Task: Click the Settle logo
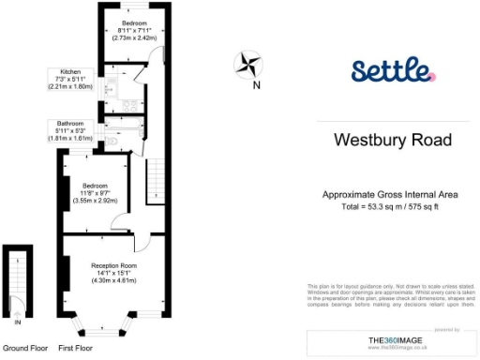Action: (x=393, y=71)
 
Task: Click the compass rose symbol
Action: (x=248, y=64)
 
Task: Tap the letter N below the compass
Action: (x=257, y=84)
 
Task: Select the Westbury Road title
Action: (x=393, y=141)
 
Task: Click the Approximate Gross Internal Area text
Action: (x=390, y=194)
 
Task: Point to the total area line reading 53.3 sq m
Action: (x=390, y=205)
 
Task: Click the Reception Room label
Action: (x=114, y=265)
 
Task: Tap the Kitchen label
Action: (x=71, y=71)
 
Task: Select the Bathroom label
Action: (x=70, y=124)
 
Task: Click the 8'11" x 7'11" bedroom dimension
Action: (x=133, y=30)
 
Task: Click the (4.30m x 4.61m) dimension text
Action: (x=114, y=281)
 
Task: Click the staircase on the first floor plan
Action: (x=156, y=178)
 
